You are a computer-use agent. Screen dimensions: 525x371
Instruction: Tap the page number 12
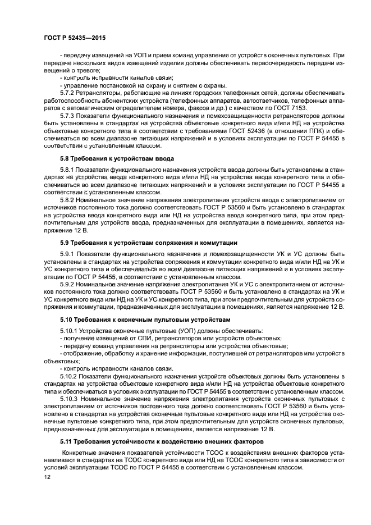47,477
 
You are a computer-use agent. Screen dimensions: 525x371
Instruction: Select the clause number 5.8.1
68,169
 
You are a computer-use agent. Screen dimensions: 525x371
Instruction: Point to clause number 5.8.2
68,199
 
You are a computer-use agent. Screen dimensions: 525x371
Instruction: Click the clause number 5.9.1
68,253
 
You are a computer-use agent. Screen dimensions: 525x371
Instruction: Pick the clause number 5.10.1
70,330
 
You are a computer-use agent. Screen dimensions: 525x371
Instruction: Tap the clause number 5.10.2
70,375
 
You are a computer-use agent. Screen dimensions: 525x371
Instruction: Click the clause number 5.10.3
70,398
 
